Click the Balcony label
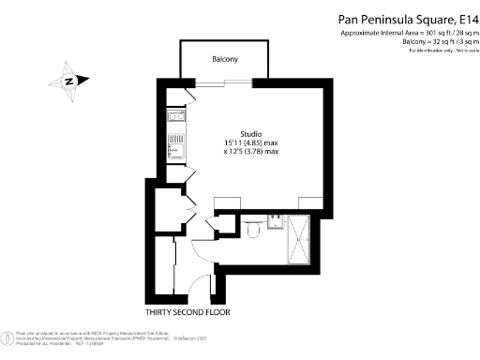pos(224,60)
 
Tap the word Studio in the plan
pos(251,133)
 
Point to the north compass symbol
pos(69,80)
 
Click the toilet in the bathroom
pos(255,225)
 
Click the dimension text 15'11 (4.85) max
pos(251,142)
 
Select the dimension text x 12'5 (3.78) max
pos(251,151)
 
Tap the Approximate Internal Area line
pos(409,34)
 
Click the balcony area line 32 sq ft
pos(439,42)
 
